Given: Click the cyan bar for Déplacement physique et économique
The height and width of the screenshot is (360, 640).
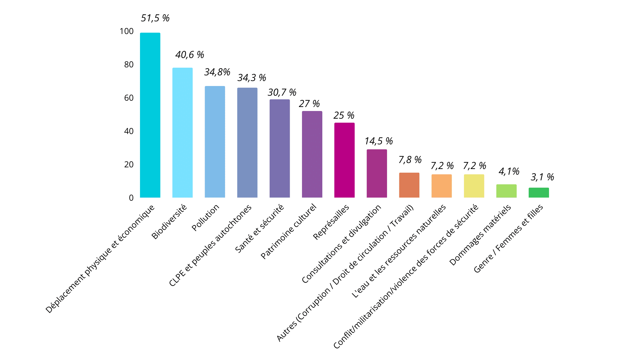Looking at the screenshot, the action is tap(150, 115).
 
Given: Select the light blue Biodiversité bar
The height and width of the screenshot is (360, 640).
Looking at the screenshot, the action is tap(182, 133).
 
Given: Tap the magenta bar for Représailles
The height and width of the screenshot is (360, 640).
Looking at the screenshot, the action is tap(344, 160).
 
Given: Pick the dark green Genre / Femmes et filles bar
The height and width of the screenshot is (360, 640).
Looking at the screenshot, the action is tap(539, 193).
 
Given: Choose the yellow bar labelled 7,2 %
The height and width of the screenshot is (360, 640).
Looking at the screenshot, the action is tap(474, 186).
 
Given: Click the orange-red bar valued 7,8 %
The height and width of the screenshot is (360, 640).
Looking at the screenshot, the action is tap(409, 185).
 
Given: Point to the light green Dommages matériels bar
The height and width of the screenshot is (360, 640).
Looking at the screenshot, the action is tap(506, 191).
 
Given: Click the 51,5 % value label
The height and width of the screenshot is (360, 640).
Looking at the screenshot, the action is tap(155, 18).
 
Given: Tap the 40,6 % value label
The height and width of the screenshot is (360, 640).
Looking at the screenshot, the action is tap(190, 55).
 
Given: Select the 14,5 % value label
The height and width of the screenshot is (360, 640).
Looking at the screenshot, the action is tap(379, 141).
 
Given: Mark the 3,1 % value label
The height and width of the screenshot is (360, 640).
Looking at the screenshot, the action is tap(542, 177).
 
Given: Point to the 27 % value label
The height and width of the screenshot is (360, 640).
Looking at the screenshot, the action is tap(309, 104).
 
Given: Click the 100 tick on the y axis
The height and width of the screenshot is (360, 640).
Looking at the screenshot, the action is tap(127, 31).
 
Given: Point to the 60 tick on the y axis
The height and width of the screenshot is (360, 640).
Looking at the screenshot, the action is tap(129, 98).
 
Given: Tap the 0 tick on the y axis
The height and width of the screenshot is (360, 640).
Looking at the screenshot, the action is tap(131, 198).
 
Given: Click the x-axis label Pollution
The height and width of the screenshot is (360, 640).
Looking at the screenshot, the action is tap(206, 217).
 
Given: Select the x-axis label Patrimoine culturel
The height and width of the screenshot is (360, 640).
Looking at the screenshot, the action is tap(288, 231).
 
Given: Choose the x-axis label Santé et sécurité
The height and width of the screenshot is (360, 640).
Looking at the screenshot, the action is tap(259, 228).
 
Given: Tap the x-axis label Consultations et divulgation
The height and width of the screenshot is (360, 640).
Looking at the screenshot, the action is tap(341, 244).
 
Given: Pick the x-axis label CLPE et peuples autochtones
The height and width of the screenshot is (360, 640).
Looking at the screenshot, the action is tap(210, 245).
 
